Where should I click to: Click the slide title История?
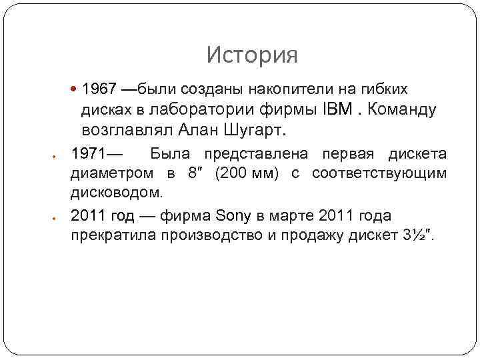pyautogui.click(x=251, y=55)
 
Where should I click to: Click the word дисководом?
pyautogui.click(x=116, y=193)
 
